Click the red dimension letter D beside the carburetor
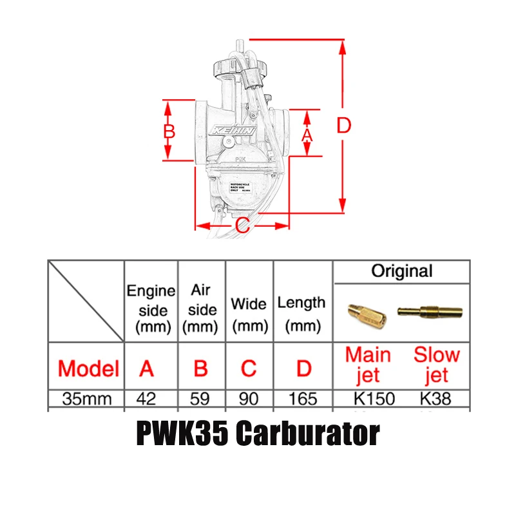(344, 126)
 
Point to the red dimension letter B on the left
(169, 131)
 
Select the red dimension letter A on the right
(307, 135)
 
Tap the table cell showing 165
(303, 399)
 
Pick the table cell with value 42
(147, 399)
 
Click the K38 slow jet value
(435, 399)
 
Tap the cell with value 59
(200, 399)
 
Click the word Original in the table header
(402, 271)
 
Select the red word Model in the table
(88, 368)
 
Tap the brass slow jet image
(426, 311)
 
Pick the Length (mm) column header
(301, 314)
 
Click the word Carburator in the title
(307, 435)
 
